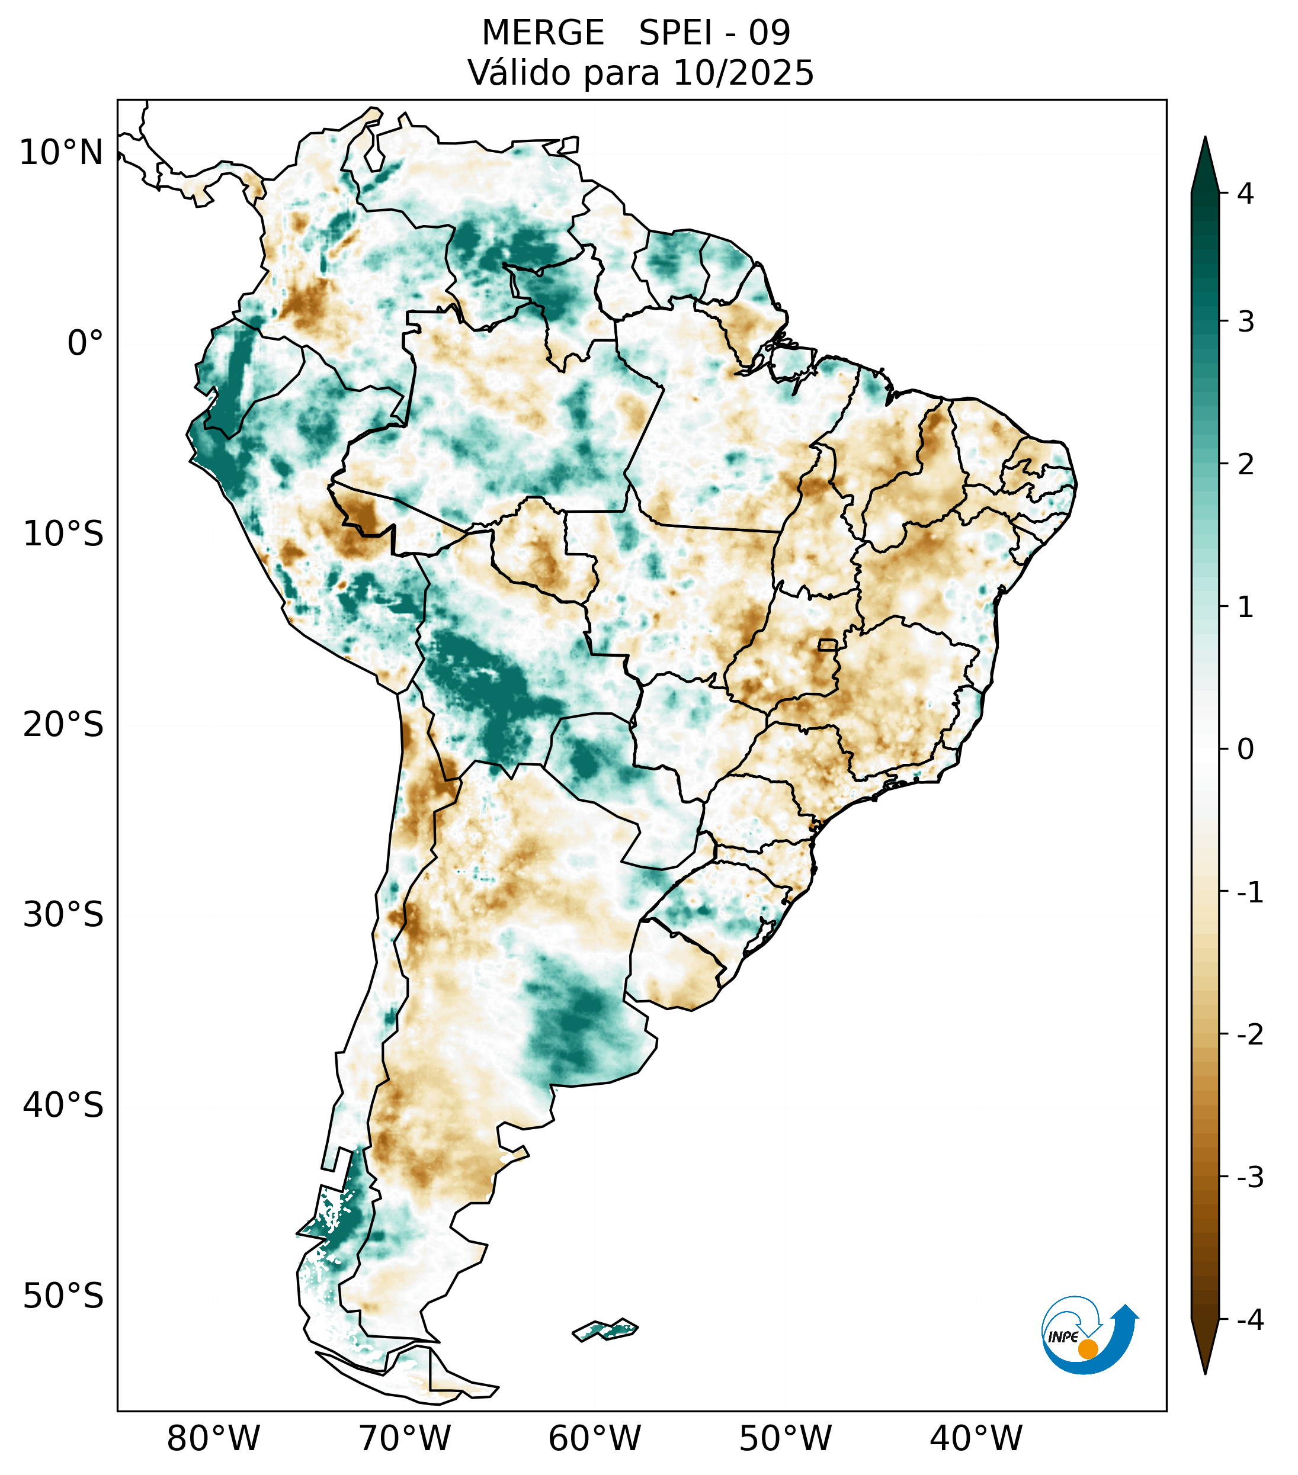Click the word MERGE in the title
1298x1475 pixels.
[x=543, y=33]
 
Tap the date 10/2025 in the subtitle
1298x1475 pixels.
[x=743, y=73]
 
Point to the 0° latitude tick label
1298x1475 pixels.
[x=85, y=343]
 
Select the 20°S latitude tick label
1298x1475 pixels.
[x=63, y=725]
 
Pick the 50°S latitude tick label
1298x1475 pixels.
[x=63, y=1297]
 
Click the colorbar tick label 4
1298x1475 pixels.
[x=1245, y=194]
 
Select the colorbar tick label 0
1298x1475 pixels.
[x=1245, y=750]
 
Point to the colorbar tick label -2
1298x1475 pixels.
[x=1249, y=1035]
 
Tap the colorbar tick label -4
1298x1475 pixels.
[x=1249, y=1320]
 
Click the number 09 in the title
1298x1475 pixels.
[x=769, y=33]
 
